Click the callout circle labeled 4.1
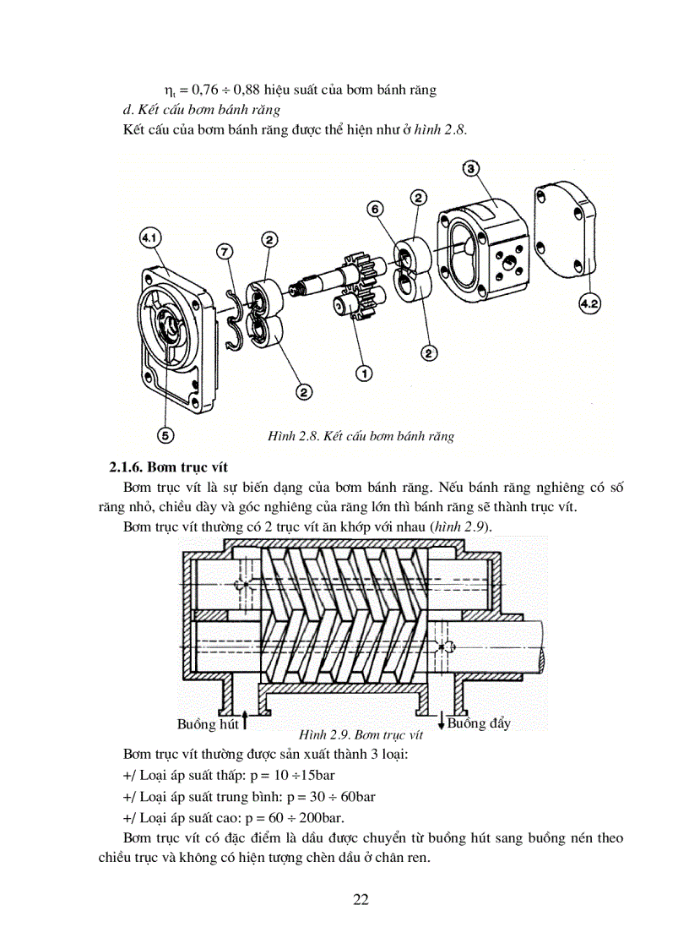(x=150, y=240)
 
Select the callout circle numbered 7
(x=223, y=251)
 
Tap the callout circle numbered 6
(x=376, y=208)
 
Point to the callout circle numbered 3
(x=472, y=168)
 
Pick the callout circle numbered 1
(x=364, y=371)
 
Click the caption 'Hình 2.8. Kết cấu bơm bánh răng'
(x=361, y=436)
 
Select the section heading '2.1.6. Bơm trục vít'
(x=168, y=467)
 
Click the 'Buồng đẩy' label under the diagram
(x=479, y=723)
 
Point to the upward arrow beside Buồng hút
(x=245, y=720)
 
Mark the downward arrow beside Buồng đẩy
(x=441, y=720)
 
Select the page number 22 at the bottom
(x=361, y=898)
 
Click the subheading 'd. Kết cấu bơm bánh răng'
(x=201, y=110)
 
